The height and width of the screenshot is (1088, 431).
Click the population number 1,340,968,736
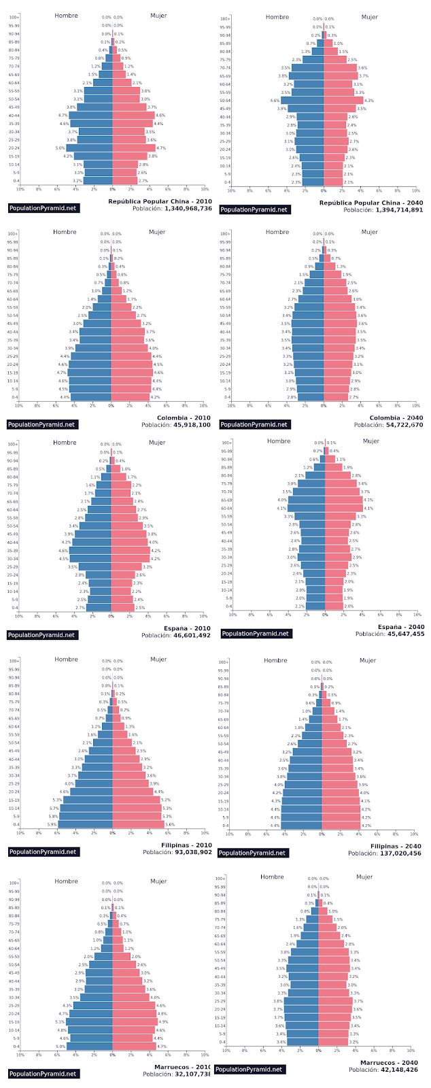click(188, 209)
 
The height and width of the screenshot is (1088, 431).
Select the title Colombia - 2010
click(184, 418)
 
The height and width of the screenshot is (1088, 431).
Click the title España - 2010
click(188, 628)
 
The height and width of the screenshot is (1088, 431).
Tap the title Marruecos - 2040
click(389, 1062)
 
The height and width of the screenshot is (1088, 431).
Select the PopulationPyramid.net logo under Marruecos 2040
click(249, 1069)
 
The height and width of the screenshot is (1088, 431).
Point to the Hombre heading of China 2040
click(277, 17)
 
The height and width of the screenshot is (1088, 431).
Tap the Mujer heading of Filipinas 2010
click(158, 659)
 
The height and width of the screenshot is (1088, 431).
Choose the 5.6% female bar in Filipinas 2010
click(138, 824)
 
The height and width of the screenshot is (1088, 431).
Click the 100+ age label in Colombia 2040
click(224, 234)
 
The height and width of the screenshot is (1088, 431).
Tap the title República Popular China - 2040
click(370, 203)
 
